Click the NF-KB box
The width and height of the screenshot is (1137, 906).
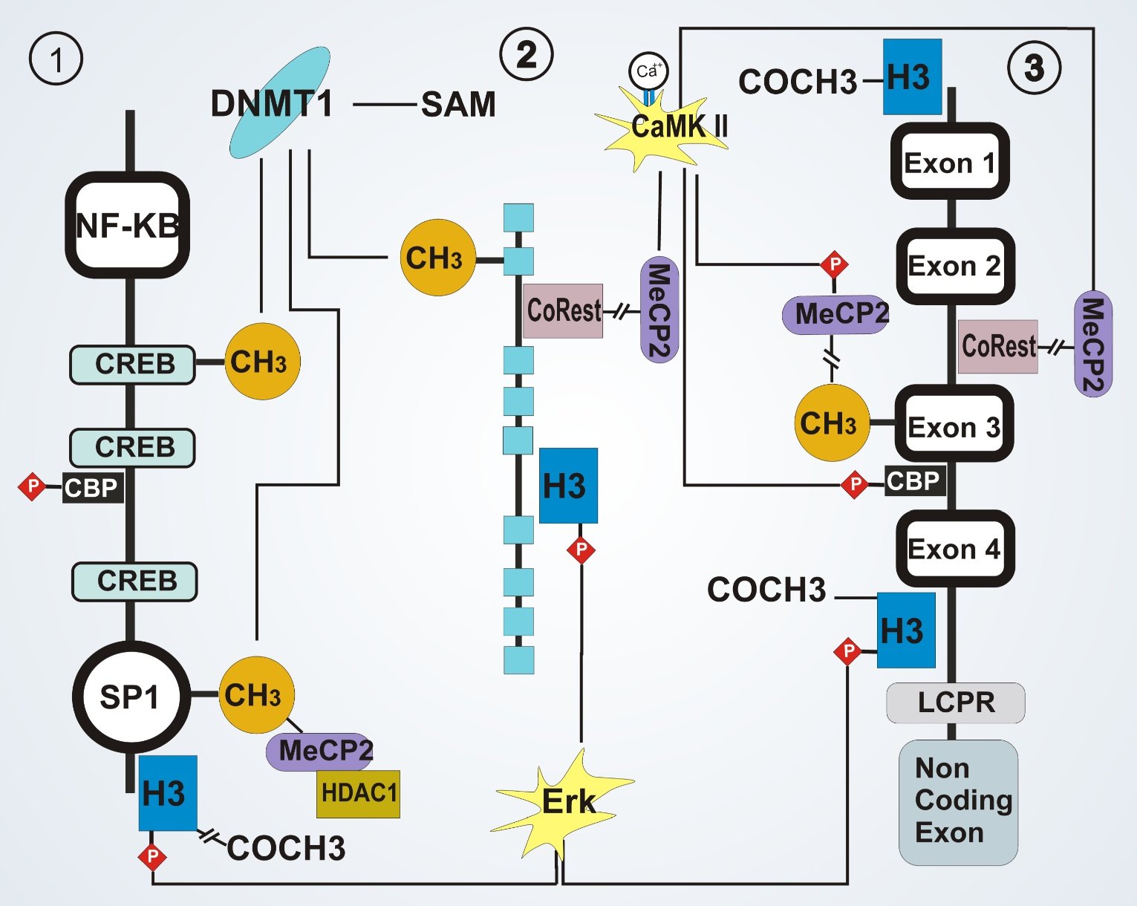pos(128,225)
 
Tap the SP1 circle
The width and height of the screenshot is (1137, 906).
pos(130,697)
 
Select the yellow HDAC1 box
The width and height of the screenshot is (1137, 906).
pos(359,794)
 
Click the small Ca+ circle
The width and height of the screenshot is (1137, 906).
pos(648,71)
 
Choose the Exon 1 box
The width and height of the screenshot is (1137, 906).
pos(950,162)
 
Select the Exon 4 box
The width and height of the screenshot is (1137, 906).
pos(954,549)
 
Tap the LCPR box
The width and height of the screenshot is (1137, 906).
pos(956,703)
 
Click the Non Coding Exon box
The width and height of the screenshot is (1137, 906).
pos(958,801)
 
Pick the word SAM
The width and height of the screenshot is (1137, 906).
pos(458,105)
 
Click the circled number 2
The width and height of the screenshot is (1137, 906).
pos(527,54)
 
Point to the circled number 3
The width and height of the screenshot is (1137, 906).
pos(1034,68)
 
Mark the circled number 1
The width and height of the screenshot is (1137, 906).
pos(56,59)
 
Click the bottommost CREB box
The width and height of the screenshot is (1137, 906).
pos(135,581)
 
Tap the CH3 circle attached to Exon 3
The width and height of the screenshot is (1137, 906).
pos(830,423)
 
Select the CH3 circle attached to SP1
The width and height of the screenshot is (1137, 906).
pos(255,695)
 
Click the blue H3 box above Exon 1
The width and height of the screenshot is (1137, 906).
pos(912,77)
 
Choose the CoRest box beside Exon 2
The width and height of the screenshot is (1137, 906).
pos(997,346)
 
